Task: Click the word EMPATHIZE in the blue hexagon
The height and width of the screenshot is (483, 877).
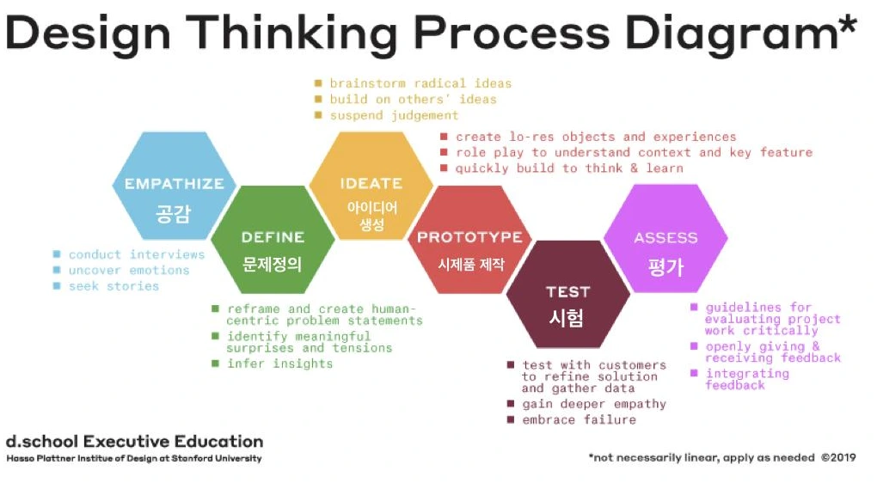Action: (174, 183)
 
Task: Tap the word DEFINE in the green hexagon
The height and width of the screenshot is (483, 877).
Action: (273, 237)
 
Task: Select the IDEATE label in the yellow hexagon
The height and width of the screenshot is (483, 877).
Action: (371, 183)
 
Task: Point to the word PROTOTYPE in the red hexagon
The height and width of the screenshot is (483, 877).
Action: (469, 237)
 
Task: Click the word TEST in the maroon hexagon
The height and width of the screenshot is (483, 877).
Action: (567, 291)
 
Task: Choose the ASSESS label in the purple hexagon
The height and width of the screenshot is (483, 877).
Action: (665, 237)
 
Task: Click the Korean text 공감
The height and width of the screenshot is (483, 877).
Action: (174, 213)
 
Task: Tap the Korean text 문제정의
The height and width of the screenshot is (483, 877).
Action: (273, 264)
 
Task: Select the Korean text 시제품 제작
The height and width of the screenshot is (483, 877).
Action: (469, 264)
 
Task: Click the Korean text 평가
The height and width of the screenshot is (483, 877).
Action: (665, 266)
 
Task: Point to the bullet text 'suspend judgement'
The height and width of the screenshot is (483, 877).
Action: (394, 115)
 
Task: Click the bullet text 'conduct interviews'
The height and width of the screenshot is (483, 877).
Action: (137, 254)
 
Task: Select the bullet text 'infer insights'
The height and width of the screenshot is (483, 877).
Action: (279, 364)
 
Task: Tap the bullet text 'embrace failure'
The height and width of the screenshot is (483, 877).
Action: (579, 420)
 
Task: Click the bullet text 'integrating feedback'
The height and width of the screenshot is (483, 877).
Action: (746, 379)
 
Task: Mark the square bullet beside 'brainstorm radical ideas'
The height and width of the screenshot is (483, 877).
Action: (318, 83)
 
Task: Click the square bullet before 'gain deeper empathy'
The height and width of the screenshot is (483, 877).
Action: (511, 404)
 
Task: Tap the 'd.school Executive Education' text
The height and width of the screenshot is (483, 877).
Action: (134, 442)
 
